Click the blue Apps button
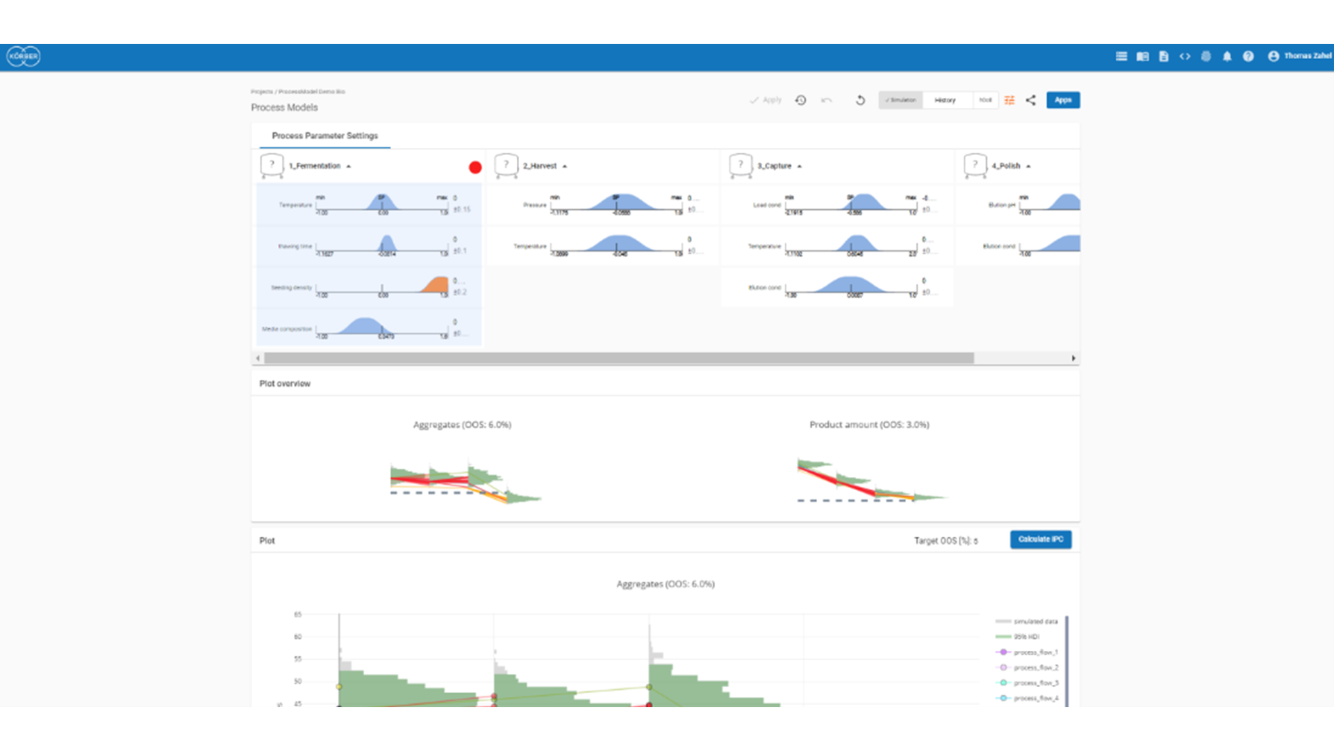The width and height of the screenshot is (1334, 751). (x=1062, y=100)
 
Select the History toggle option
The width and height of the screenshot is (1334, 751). (x=945, y=100)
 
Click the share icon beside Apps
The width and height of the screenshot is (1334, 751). (x=1030, y=100)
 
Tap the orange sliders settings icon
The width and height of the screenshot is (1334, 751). (x=1010, y=100)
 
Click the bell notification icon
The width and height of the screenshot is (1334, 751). (x=1227, y=56)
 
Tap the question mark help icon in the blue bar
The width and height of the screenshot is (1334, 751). (x=1248, y=56)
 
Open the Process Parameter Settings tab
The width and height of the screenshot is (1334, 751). (x=324, y=136)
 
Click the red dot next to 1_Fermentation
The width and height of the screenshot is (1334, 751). (x=475, y=167)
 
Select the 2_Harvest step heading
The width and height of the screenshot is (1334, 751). (x=540, y=166)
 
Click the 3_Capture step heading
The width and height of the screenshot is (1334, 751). (x=774, y=166)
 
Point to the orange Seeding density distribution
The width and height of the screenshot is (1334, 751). (x=437, y=285)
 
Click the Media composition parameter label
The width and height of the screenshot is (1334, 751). (x=286, y=329)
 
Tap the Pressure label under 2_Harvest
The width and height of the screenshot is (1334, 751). (x=534, y=205)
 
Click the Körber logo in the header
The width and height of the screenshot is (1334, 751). (x=24, y=56)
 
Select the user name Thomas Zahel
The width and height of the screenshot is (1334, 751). (x=1307, y=56)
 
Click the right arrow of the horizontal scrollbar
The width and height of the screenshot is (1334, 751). (x=1073, y=358)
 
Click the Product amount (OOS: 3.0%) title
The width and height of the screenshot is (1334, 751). (x=868, y=424)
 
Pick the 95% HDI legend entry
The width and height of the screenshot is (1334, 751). (x=1026, y=637)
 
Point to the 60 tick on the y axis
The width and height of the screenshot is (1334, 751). (x=297, y=637)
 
